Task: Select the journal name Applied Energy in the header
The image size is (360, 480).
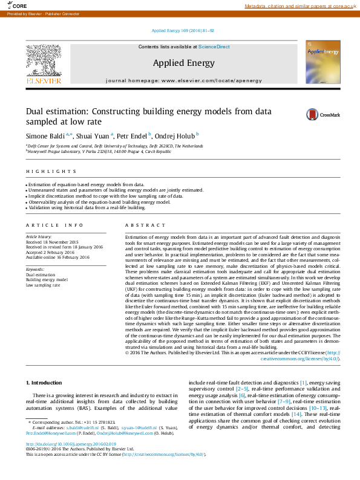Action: [183, 63]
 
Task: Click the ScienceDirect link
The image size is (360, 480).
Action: [214, 47]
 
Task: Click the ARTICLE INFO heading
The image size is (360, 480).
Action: [54, 225]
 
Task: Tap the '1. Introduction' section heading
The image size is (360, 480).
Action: [45, 383]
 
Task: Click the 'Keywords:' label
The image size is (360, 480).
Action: [34, 269]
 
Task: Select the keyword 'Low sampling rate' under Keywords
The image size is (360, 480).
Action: [43, 285]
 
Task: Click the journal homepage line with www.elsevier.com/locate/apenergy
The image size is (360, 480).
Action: [183, 80]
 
